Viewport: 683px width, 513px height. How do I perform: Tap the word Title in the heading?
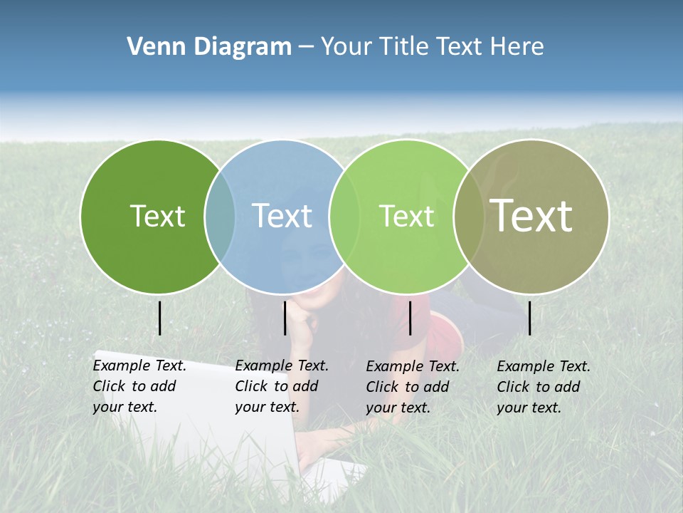pos(405,47)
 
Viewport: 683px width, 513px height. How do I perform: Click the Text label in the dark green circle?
pos(157,216)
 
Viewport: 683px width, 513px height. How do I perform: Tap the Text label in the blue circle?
pos(282,216)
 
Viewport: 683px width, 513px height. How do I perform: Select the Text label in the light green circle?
pos(406,216)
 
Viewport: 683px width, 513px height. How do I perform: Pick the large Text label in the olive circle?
pos(531,215)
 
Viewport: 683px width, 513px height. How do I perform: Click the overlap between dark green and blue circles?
pos(220,217)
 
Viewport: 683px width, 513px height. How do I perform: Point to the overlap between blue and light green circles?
pos(338,217)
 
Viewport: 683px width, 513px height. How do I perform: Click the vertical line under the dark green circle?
pos(160,318)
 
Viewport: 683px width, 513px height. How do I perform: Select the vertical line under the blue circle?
pos(285,318)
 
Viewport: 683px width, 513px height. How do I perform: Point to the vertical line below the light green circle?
pos(410,318)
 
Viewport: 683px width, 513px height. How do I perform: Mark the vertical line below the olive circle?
pos(530,318)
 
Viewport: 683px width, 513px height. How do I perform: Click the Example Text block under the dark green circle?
pos(139,386)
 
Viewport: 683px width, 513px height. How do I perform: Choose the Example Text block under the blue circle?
pos(282,386)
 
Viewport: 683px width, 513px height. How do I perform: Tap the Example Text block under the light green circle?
pos(413,387)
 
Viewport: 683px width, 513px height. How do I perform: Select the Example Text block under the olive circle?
pos(544,387)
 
